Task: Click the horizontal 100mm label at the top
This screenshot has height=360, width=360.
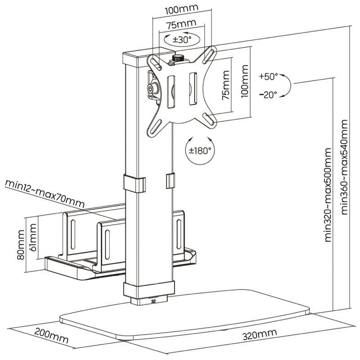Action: click(x=179, y=9)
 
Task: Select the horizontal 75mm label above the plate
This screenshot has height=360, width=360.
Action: click(x=179, y=23)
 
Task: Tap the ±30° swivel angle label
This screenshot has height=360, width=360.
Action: click(x=182, y=39)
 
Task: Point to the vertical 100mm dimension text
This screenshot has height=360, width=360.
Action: click(x=245, y=82)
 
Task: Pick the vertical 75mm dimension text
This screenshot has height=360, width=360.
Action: click(x=225, y=85)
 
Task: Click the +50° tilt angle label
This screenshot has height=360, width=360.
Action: click(x=268, y=76)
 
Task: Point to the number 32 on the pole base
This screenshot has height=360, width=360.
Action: click(x=154, y=301)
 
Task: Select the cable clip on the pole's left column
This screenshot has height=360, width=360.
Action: click(x=135, y=183)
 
